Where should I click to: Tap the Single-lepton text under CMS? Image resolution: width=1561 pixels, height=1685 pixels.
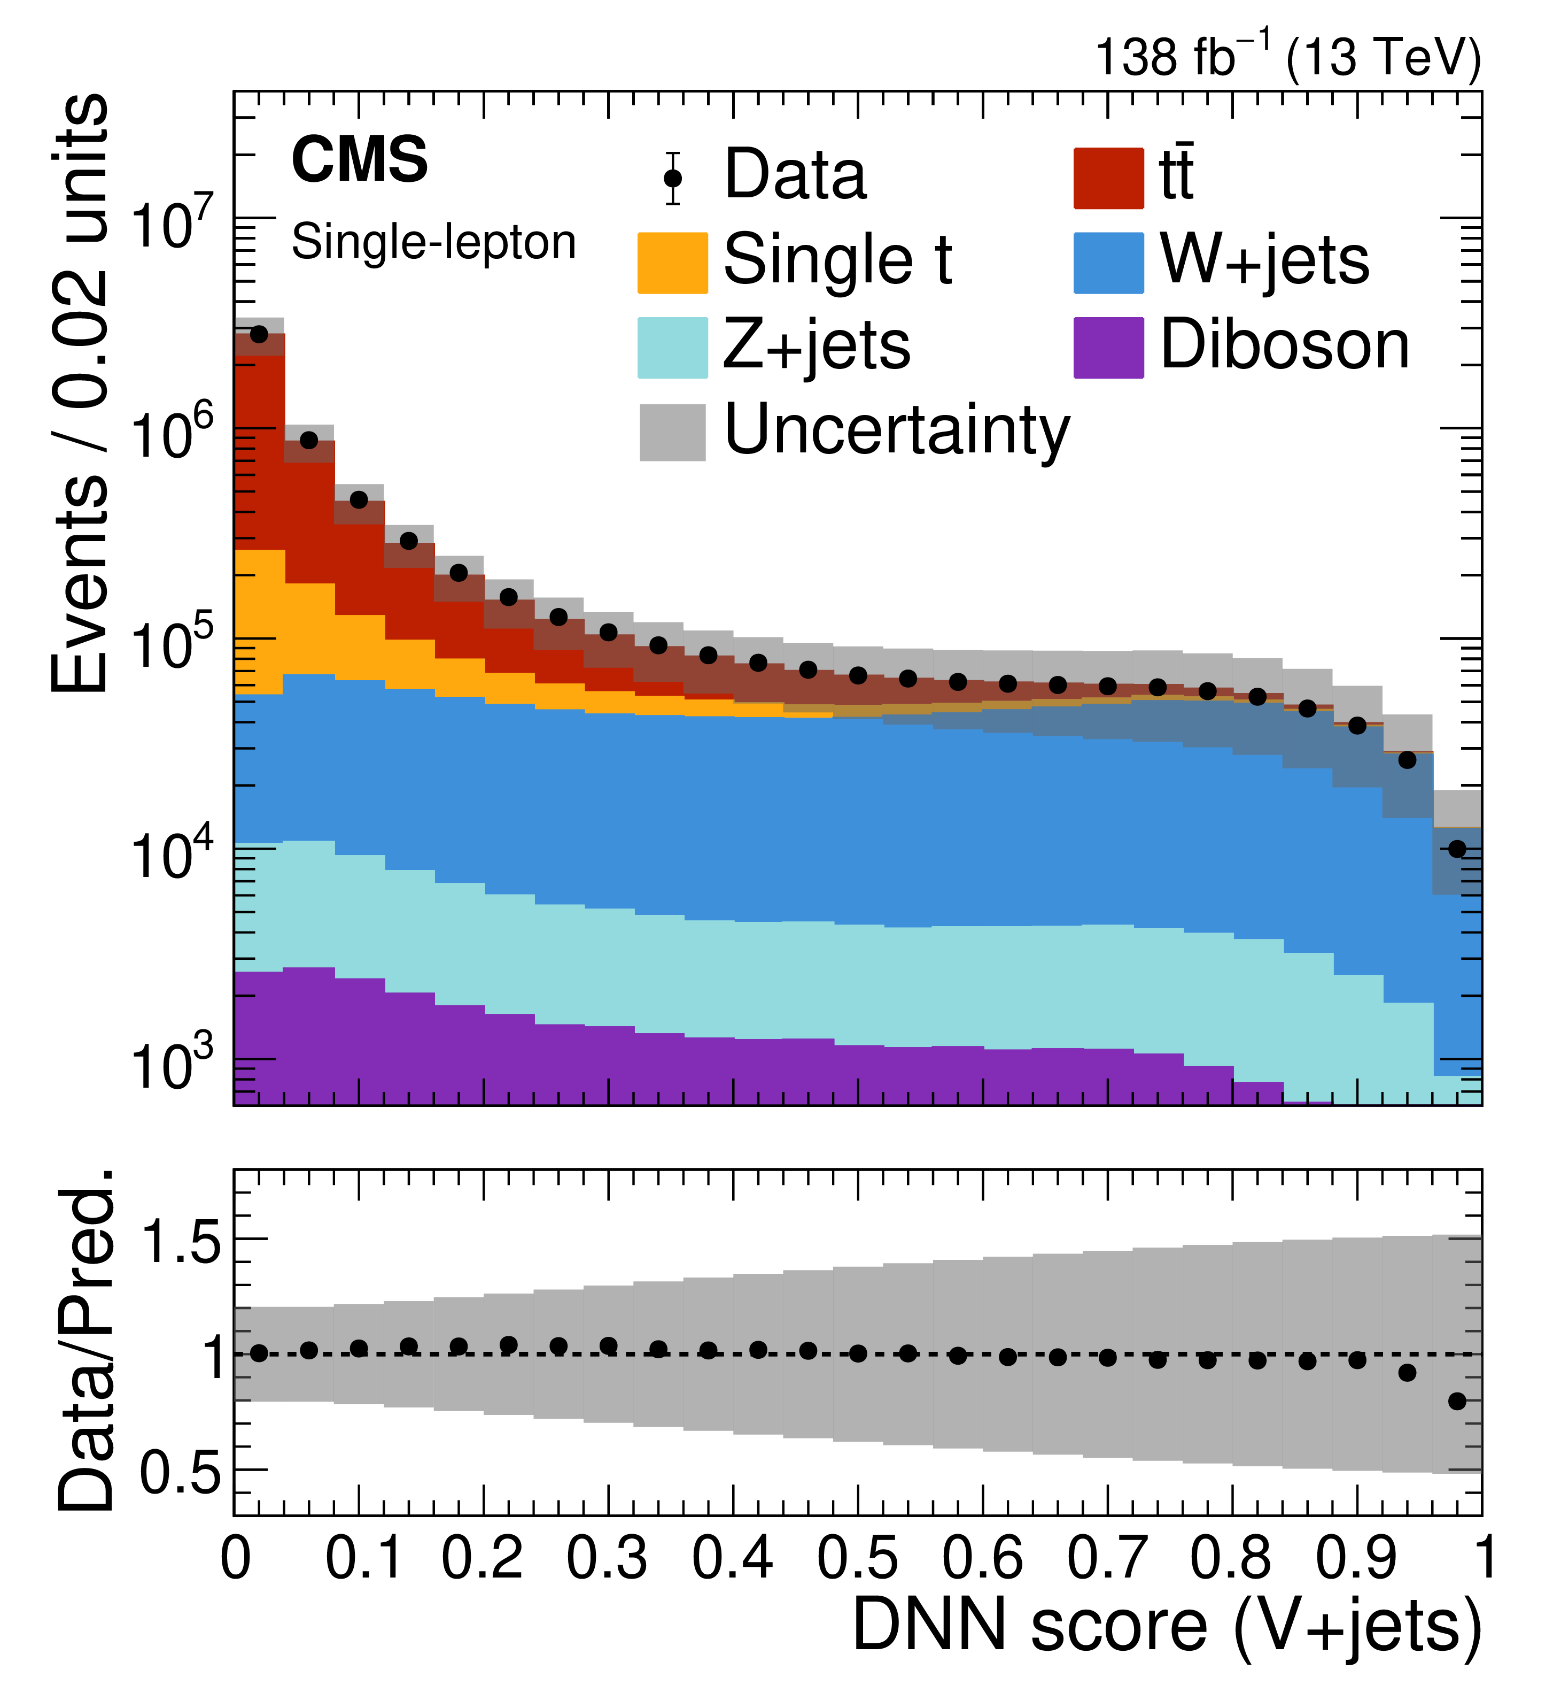pos(433,243)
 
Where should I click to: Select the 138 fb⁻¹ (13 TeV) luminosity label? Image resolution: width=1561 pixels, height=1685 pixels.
pos(1288,57)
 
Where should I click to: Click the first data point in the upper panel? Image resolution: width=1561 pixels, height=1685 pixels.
pos(259,335)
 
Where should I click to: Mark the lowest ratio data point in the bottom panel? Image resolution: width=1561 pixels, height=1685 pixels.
pos(1457,1401)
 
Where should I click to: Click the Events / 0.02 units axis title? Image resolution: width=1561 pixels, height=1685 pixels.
pos(80,393)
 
